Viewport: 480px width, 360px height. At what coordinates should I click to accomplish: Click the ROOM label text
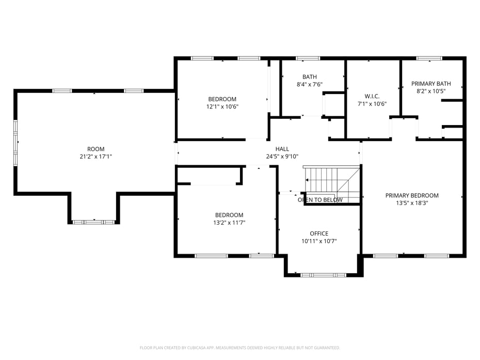(x=96, y=149)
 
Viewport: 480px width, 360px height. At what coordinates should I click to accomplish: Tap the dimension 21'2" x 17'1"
(x=96, y=157)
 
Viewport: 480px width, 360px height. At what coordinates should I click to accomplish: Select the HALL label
(x=282, y=149)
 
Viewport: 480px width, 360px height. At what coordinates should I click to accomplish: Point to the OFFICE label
(x=319, y=233)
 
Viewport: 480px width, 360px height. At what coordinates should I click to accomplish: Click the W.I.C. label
(x=372, y=96)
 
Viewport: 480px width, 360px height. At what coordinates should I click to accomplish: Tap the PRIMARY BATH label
(x=431, y=84)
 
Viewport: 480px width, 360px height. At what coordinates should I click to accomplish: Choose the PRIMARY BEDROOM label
(x=412, y=195)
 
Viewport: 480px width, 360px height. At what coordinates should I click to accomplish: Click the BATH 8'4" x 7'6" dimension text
(x=310, y=85)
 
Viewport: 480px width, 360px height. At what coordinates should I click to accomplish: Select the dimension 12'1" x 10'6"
(x=222, y=107)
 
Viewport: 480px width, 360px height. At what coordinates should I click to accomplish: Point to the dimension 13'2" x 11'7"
(x=229, y=223)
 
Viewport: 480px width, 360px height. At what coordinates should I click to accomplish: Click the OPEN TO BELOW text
(x=320, y=200)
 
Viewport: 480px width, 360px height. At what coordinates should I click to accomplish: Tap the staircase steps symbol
(x=332, y=184)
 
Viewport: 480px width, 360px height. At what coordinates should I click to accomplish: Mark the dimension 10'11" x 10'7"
(x=319, y=241)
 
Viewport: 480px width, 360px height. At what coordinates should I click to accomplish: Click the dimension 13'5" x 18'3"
(x=412, y=203)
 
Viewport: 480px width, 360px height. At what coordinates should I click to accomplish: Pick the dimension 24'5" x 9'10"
(x=282, y=156)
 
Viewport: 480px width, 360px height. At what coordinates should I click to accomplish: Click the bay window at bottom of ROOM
(x=93, y=222)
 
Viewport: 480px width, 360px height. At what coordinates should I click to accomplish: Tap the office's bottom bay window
(x=323, y=275)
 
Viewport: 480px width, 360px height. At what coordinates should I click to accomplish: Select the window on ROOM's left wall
(x=15, y=143)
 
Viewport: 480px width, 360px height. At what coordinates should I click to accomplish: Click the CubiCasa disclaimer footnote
(x=239, y=348)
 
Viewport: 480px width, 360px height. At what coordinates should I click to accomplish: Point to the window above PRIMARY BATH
(x=429, y=58)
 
